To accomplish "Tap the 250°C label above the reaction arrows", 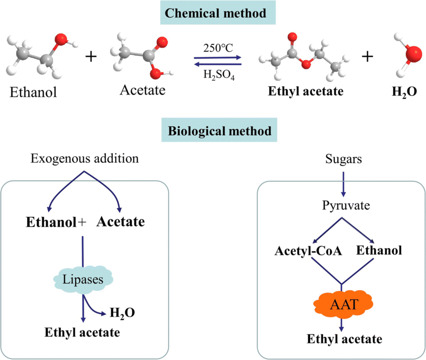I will pyautogui.click(x=218, y=49).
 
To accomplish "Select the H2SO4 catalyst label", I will pyautogui.click(x=217, y=75).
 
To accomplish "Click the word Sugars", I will pyautogui.click(x=342, y=159).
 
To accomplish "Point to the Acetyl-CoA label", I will pyautogui.click(x=308, y=250).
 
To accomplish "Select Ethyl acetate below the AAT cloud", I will pyautogui.click(x=344, y=339).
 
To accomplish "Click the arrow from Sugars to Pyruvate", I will pyautogui.click(x=342, y=183).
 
